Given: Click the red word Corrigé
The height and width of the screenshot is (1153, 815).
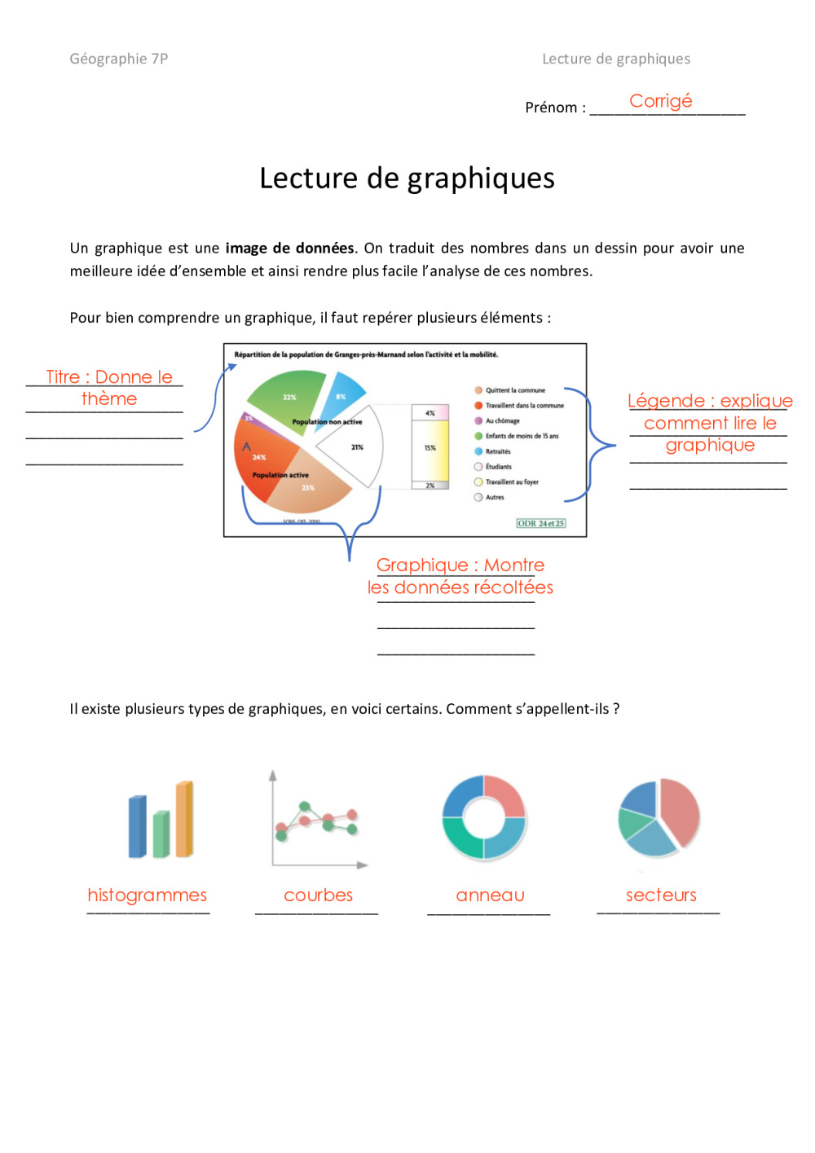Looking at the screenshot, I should pyautogui.click(x=660, y=101).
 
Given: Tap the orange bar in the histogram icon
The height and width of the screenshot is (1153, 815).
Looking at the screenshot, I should pyautogui.click(x=184, y=818).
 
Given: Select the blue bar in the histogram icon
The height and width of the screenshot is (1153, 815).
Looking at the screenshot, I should pyautogui.click(x=137, y=826).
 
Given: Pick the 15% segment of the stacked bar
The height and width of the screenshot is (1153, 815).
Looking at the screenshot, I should pyautogui.click(x=430, y=448).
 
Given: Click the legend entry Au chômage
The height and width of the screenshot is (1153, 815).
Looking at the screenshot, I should pyautogui.click(x=502, y=421).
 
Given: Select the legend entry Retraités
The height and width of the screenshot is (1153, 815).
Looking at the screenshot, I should pyautogui.click(x=497, y=451).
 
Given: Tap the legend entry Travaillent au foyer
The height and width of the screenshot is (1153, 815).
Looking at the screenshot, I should pyautogui.click(x=512, y=482).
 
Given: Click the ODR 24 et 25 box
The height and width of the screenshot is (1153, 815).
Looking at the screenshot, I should pyautogui.click(x=540, y=523).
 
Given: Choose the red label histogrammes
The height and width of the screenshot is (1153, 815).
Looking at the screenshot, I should pyautogui.click(x=148, y=895).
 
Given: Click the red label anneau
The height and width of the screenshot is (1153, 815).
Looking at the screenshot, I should pyautogui.click(x=490, y=895).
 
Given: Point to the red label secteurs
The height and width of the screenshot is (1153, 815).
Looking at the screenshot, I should pyautogui.click(x=661, y=895).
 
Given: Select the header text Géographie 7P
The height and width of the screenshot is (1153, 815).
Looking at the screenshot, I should pyautogui.click(x=119, y=59).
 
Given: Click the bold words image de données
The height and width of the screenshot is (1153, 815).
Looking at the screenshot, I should pyautogui.click(x=289, y=248).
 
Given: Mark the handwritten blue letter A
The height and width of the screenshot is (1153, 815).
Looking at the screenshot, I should pyautogui.click(x=246, y=447).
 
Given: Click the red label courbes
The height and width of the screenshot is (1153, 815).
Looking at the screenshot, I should pyautogui.click(x=318, y=895).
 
